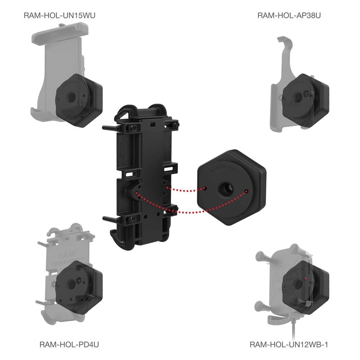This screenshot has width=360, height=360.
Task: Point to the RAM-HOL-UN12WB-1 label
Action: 289,345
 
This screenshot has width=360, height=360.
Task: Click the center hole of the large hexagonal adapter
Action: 225,188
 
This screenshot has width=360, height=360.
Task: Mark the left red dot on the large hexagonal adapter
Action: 205,188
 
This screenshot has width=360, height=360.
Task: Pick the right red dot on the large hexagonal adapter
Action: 246,192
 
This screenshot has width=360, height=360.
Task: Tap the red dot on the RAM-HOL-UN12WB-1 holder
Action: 306,279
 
